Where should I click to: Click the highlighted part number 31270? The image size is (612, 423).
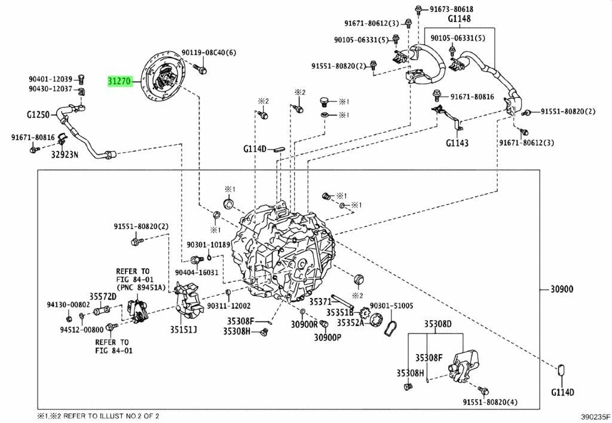pyautogui.click(x=120, y=81)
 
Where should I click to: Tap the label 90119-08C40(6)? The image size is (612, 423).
pyautogui.click(x=209, y=53)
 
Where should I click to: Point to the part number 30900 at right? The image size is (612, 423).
pyautogui.click(x=561, y=290)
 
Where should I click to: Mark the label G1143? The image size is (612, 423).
pyautogui.click(x=457, y=144)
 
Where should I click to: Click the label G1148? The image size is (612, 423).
pyautogui.click(x=460, y=19)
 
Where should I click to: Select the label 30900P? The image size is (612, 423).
pyautogui.click(x=327, y=337)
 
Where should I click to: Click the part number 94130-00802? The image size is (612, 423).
pyautogui.click(x=68, y=305)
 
